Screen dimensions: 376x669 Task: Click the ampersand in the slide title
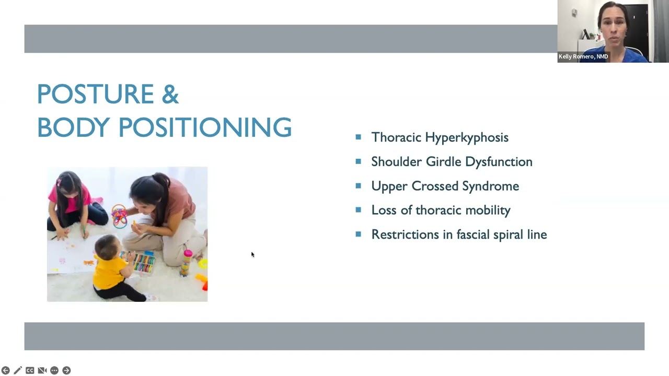point(170,95)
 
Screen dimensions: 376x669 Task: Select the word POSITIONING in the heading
point(205,127)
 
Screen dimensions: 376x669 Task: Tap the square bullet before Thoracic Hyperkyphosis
point(358,137)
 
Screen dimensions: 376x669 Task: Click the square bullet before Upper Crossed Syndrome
point(358,186)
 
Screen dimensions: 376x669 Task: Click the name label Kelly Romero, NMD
point(583,56)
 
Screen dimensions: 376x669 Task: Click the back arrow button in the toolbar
point(6,370)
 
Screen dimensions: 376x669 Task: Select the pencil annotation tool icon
point(18,370)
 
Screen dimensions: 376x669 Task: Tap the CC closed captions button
point(30,370)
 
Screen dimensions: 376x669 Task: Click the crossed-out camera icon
point(42,370)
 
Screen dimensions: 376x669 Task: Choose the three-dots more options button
point(54,370)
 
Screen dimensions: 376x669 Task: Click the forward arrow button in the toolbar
point(66,370)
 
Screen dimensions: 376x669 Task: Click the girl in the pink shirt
point(71,204)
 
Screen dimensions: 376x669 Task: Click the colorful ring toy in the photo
point(119,215)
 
